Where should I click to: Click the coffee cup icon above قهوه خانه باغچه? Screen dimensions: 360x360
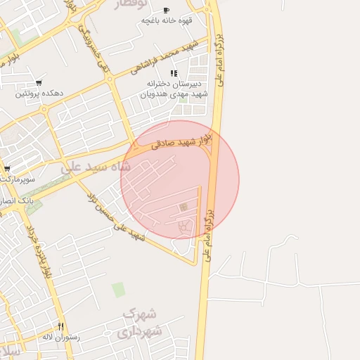click(x=166, y=10)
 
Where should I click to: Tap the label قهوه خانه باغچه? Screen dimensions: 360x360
click(x=166, y=20)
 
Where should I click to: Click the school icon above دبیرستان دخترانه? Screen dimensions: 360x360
click(x=173, y=73)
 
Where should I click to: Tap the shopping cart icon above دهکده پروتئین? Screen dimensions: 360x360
click(x=38, y=83)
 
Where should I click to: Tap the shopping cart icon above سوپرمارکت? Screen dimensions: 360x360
click(x=7, y=169)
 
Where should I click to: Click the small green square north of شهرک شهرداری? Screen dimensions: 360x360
click(x=118, y=289)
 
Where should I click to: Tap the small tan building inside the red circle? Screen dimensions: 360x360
click(x=184, y=207)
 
